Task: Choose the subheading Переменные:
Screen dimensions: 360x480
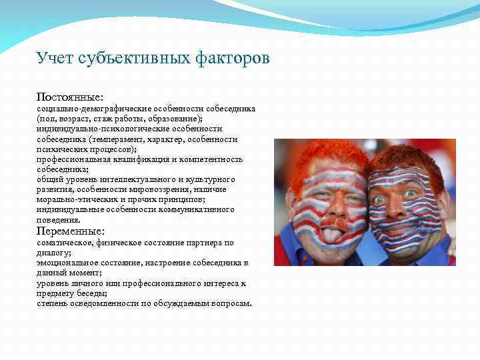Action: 71,231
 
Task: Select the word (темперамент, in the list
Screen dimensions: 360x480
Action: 110,139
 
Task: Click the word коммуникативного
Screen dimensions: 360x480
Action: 197,209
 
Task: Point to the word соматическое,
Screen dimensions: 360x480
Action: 63,243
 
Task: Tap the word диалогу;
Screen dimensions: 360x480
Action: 54,253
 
